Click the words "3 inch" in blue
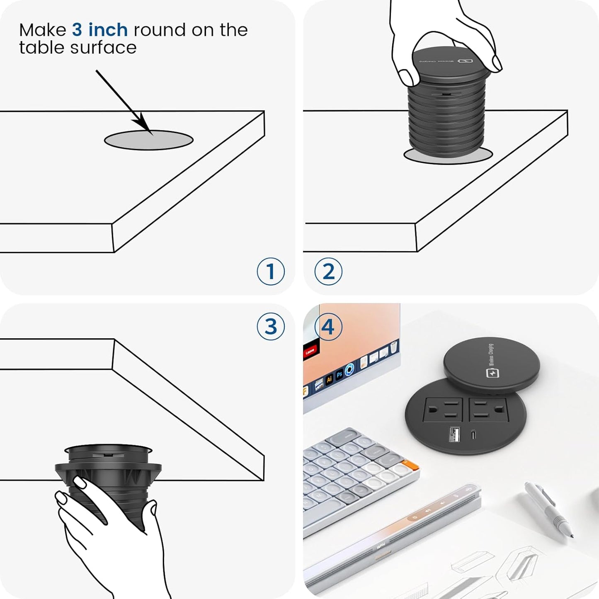pyautogui.click(x=99, y=30)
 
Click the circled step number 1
pyautogui.click(x=271, y=272)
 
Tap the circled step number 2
pyautogui.click(x=328, y=272)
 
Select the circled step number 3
pyautogui.click(x=271, y=327)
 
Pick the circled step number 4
pyautogui.click(x=328, y=327)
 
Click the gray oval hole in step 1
pyautogui.click(x=148, y=141)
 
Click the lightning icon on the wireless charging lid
pyautogui.click(x=492, y=373)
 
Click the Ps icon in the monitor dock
pyautogui.click(x=340, y=374)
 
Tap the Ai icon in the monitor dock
pyautogui.click(x=329, y=379)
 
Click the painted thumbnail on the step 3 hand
pyautogui.click(x=79, y=482)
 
